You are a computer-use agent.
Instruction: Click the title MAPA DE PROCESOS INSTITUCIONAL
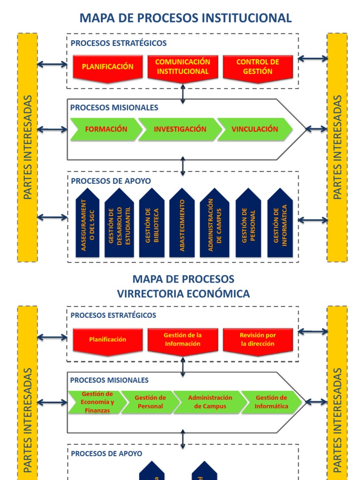pos(186,18)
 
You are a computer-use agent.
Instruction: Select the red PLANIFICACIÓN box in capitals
pos(108,67)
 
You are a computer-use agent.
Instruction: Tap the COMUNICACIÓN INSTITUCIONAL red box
pos(183,67)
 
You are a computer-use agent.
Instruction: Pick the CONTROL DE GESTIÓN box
pos(258,67)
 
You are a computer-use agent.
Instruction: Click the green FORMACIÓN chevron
pos(106,129)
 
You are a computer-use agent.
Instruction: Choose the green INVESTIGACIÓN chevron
pos(180,129)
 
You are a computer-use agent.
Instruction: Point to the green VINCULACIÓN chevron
pos(255,129)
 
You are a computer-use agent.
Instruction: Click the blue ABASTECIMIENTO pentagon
pos(182,224)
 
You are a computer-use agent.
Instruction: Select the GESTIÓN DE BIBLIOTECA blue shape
pos(151,224)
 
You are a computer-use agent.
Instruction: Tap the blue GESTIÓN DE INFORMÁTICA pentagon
pos(280,224)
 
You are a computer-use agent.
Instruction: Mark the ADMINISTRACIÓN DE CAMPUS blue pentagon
pos(214,224)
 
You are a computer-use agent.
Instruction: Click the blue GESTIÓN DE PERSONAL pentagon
pos(248,224)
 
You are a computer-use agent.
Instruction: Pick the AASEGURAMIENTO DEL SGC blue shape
pos(87,224)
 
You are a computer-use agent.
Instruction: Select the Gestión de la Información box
pos(183,340)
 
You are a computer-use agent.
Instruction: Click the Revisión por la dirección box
pos(258,340)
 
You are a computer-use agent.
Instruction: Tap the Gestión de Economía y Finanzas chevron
pos(97,402)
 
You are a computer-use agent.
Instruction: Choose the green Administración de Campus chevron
pos(210,402)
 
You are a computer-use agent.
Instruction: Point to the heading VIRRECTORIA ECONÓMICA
pos(183,294)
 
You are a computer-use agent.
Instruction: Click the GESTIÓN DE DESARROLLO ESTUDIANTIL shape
pos(119,224)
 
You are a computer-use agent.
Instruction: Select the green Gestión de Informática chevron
pos(271,402)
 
